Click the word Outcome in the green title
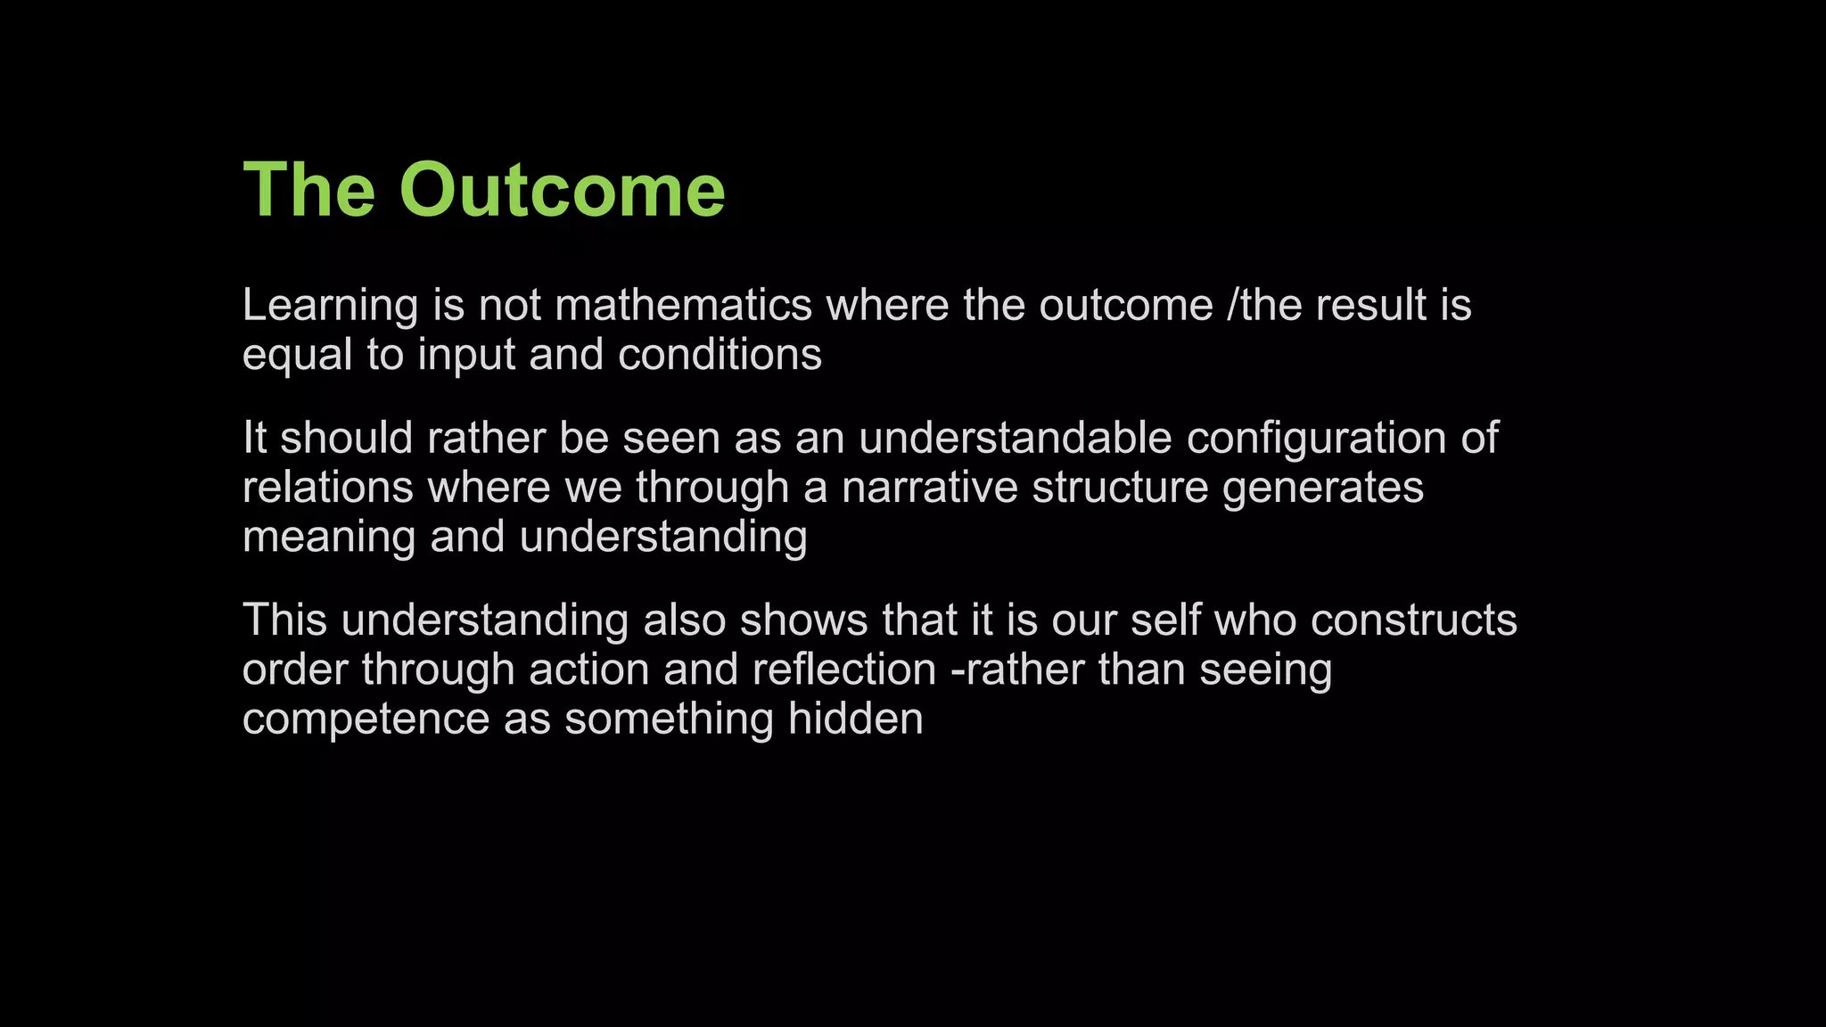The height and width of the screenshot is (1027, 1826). click(x=562, y=190)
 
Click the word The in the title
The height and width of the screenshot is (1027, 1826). click(x=308, y=190)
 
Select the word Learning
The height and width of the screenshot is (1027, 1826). click(x=330, y=306)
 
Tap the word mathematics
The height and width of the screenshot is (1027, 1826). click(x=683, y=306)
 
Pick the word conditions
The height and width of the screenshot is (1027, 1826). click(x=720, y=355)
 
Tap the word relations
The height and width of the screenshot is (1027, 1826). click(x=327, y=488)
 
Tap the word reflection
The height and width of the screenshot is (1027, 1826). click(x=843, y=670)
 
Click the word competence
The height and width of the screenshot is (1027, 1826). click(x=366, y=719)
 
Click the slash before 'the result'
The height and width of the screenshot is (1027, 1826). click(x=1232, y=306)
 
